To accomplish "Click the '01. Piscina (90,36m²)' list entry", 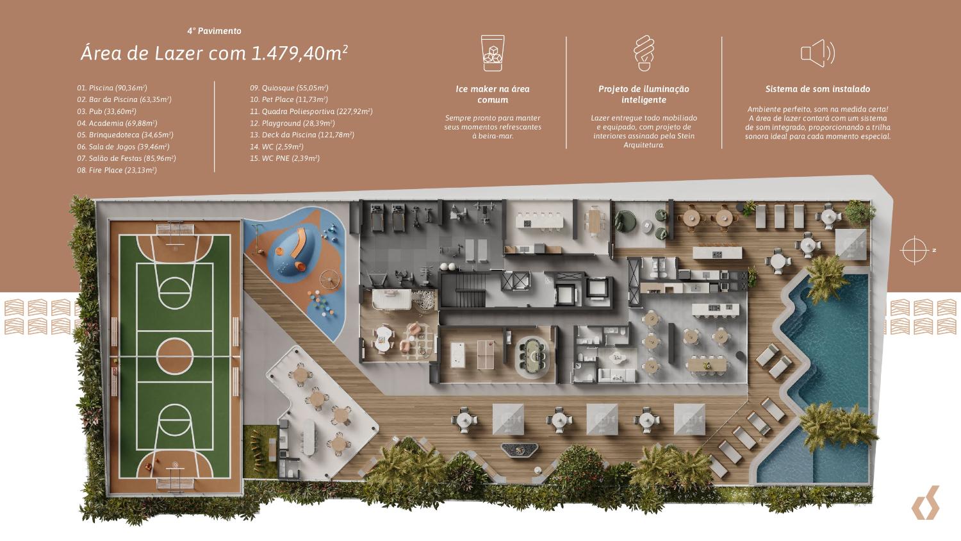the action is [112, 88].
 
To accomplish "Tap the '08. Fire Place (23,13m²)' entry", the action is [117, 170].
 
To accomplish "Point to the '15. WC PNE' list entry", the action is [284, 158].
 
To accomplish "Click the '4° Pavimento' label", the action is [214, 31].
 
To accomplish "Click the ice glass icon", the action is [492, 53].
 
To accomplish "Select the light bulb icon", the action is [644, 53].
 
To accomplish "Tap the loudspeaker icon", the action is [817, 53].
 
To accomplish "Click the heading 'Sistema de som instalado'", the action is [817, 89].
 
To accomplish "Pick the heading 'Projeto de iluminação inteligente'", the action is [644, 94].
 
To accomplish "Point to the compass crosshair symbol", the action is [914, 250].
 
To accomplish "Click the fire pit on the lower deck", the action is [520, 450].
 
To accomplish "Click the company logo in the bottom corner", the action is [925, 503].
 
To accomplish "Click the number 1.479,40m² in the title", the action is [299, 53].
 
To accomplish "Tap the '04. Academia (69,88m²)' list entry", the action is [117, 123].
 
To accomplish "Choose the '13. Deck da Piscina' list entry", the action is [302, 135].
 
